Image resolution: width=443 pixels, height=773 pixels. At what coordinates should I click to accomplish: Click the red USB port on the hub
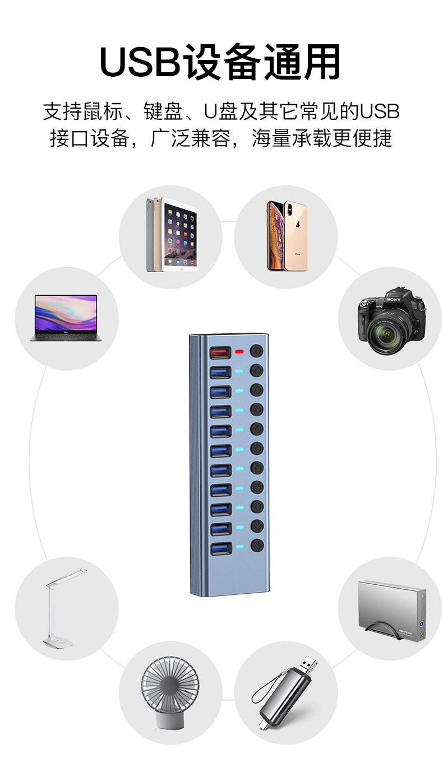pyautogui.click(x=220, y=352)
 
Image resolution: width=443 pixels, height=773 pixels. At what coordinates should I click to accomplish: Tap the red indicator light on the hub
pyautogui.click(x=239, y=352)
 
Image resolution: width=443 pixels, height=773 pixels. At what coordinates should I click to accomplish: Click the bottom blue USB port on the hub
pyautogui.click(x=220, y=548)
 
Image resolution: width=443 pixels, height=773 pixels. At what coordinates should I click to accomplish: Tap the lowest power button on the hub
pyautogui.click(x=257, y=546)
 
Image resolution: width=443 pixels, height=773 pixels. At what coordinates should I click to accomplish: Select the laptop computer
pyautogui.click(x=66, y=318)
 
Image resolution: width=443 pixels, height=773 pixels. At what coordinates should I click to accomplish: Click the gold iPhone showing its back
pyautogui.click(x=296, y=236)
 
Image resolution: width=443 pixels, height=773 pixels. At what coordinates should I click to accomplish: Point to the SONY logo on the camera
pyautogui.click(x=394, y=299)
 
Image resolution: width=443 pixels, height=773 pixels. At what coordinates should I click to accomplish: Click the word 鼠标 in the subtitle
pyautogui.click(x=103, y=111)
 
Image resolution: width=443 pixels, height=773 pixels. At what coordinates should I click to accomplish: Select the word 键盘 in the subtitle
pyautogui.click(x=163, y=111)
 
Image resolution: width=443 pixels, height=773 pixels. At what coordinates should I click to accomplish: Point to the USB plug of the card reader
pyautogui.click(x=309, y=664)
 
